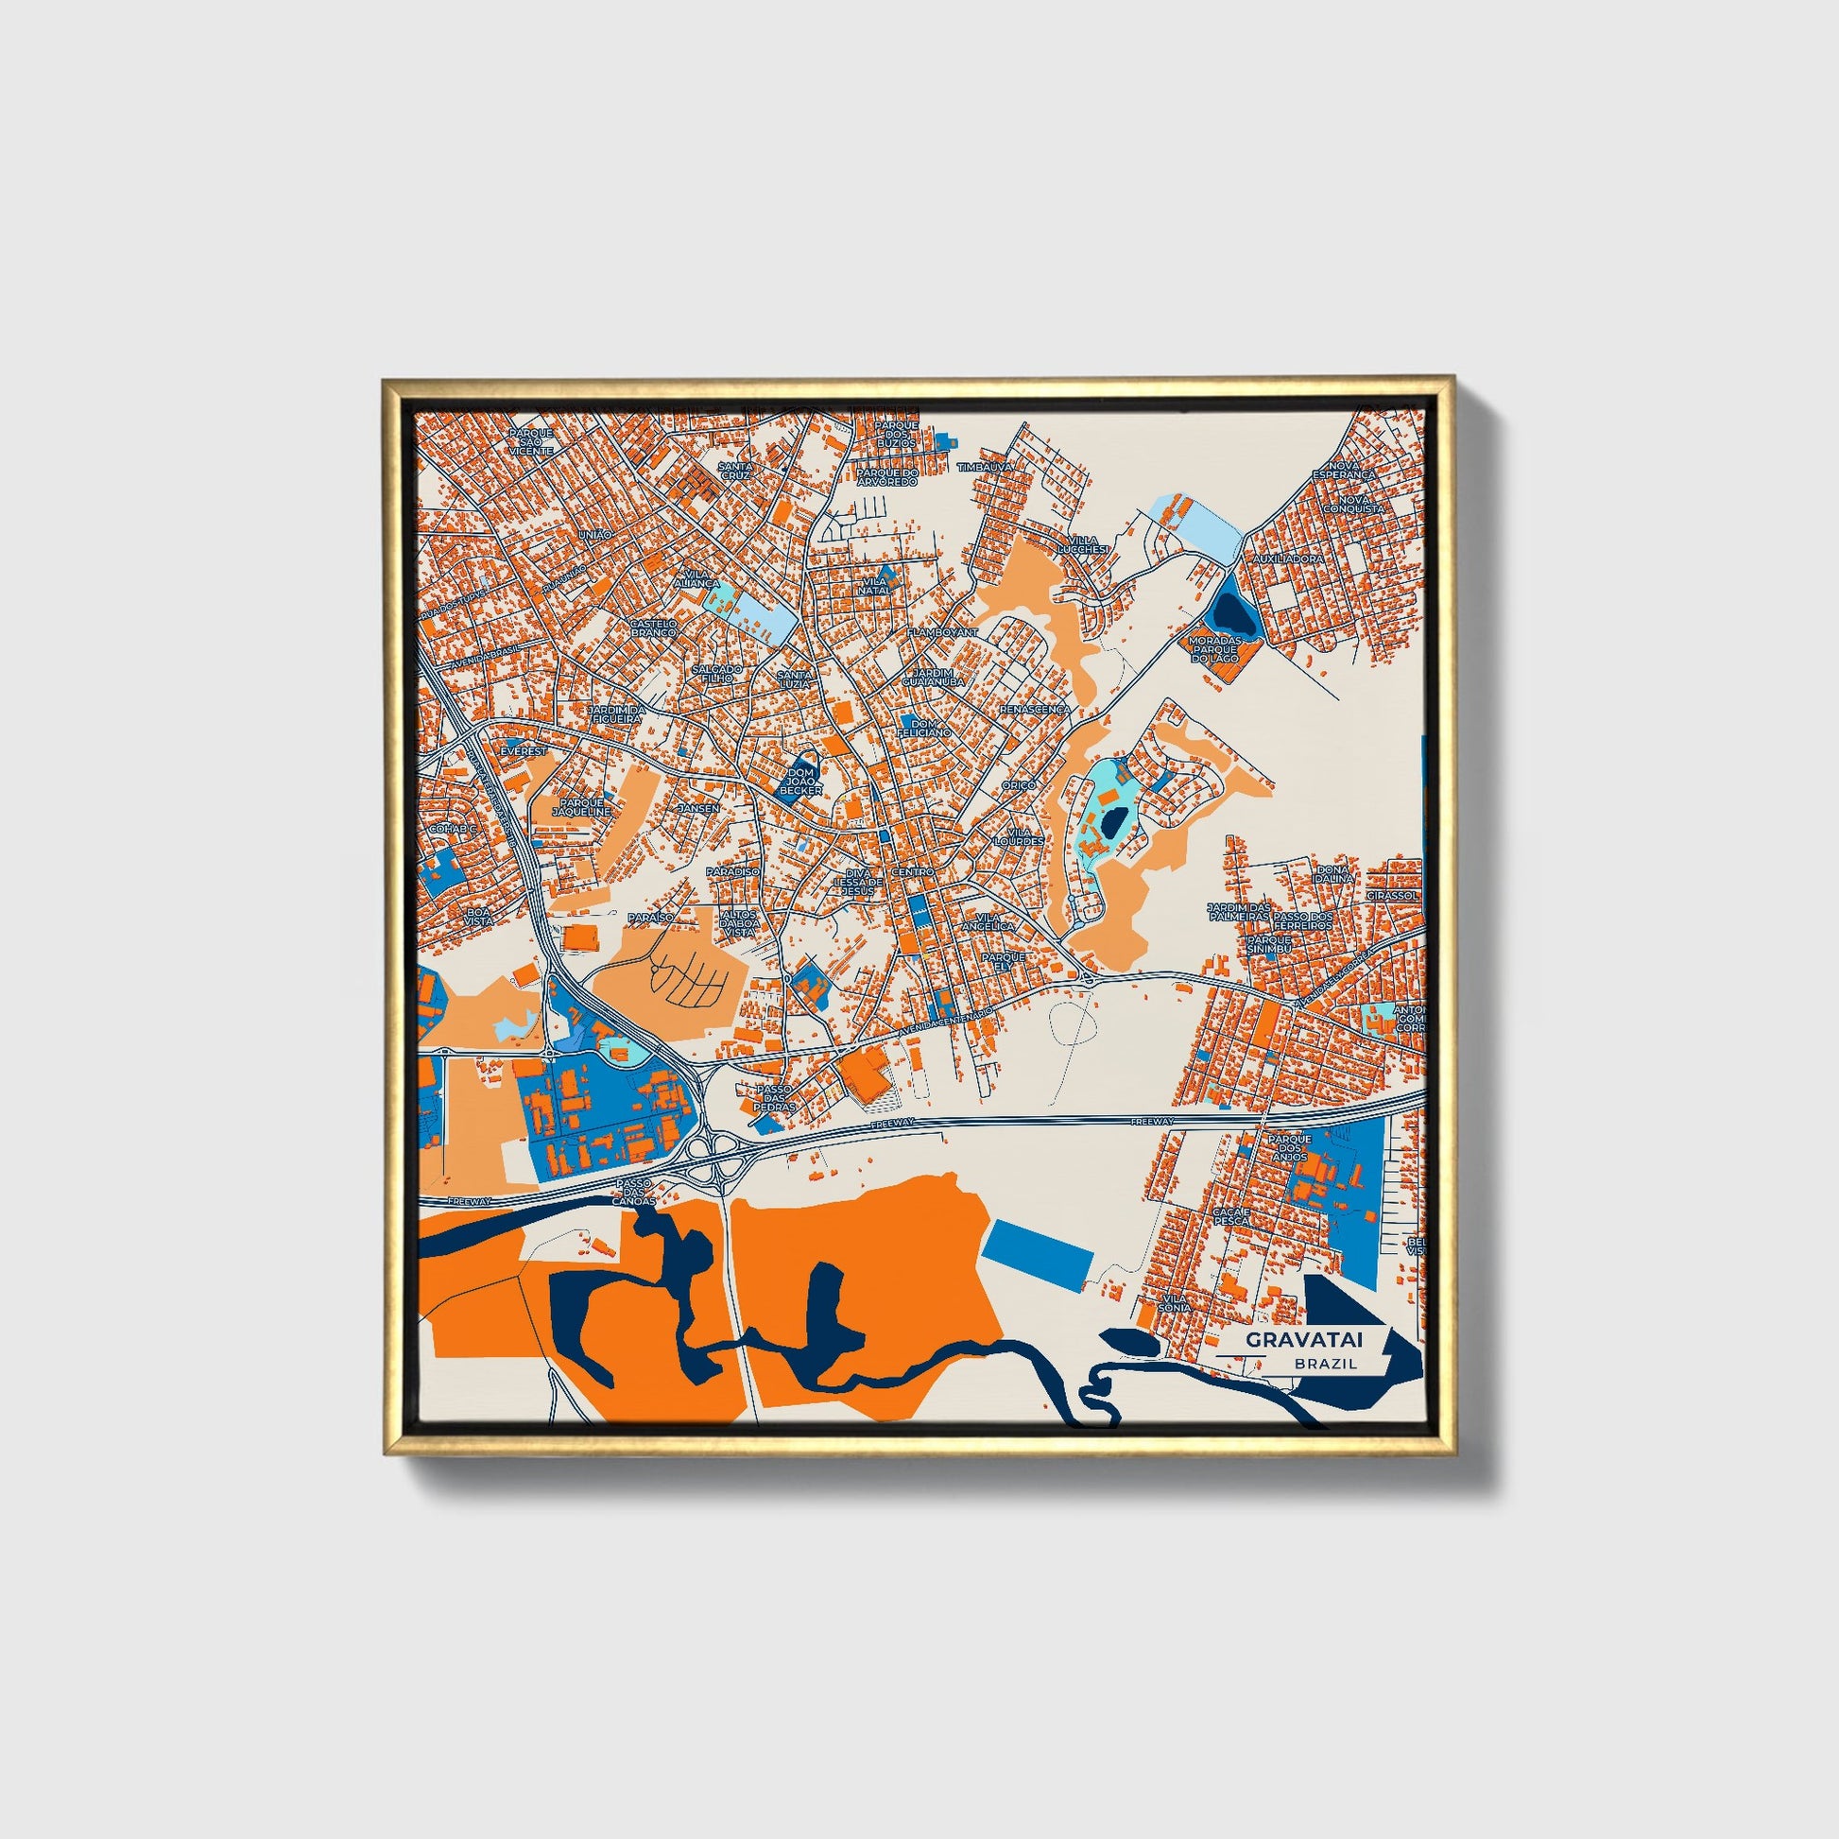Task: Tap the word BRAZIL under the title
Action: point(1325,1363)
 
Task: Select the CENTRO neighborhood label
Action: point(911,872)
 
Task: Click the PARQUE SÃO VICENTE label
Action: point(530,440)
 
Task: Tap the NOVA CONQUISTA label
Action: point(1360,504)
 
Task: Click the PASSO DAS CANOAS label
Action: point(635,1194)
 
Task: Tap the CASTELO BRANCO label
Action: point(653,628)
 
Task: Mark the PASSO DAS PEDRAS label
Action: point(773,1098)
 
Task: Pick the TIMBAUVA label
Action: point(985,468)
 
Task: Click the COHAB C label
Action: point(451,829)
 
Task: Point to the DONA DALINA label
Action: point(1334,874)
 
